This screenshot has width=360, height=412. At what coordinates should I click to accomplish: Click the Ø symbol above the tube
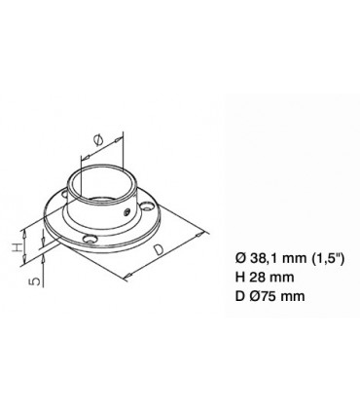click(x=98, y=140)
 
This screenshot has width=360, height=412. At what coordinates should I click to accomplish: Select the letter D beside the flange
click(x=159, y=250)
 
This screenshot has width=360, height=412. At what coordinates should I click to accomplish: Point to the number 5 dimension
click(x=37, y=281)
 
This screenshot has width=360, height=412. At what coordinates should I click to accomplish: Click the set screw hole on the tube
click(x=127, y=212)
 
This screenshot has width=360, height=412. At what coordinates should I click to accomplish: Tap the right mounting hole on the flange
click(x=148, y=206)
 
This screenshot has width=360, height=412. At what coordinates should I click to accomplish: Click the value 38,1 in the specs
click(x=264, y=258)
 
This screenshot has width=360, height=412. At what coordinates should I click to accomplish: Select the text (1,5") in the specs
click(x=327, y=258)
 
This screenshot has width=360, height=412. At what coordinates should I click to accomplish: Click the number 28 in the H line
click(x=255, y=277)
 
